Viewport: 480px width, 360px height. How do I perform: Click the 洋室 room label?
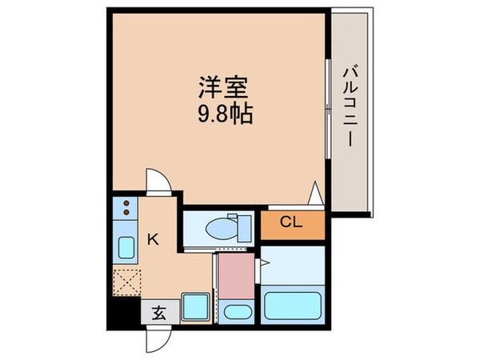tap(222, 85)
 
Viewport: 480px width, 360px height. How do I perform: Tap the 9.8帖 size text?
tap(226, 114)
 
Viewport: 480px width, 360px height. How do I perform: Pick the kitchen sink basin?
tap(126, 247)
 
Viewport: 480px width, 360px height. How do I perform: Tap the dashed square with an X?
tap(126, 281)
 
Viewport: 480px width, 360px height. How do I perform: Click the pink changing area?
tap(235, 274)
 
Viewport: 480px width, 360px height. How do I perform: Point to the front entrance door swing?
tap(156, 338)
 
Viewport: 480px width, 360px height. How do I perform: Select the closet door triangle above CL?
tap(316, 194)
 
